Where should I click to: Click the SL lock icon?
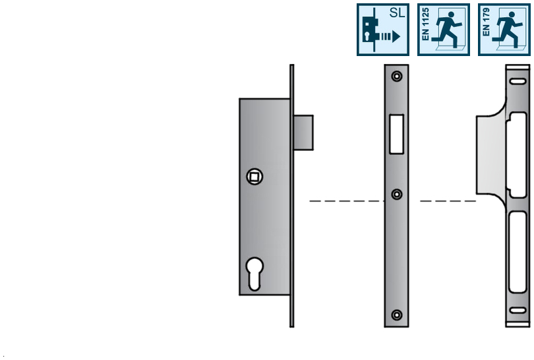click(383, 30)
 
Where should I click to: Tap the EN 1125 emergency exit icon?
click(444, 30)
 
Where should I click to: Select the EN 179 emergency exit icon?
click(504, 30)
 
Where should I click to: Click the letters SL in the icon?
click(397, 13)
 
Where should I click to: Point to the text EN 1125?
click(425, 24)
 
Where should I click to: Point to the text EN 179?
click(486, 22)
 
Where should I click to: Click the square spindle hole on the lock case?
click(254, 177)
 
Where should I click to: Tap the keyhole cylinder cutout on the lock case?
click(254, 274)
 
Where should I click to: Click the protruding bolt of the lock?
click(303, 133)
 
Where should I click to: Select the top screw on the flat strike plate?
click(397, 76)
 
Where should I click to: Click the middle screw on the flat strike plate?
click(397, 194)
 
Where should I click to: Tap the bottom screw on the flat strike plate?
click(397, 315)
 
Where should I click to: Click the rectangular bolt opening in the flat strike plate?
click(396, 134)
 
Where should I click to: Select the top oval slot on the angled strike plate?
click(518, 81)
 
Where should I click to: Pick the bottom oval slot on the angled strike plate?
click(518, 311)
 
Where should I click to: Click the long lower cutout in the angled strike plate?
click(518, 252)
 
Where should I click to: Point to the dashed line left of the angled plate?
click(448, 201)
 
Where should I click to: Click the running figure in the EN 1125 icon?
click(447, 30)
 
